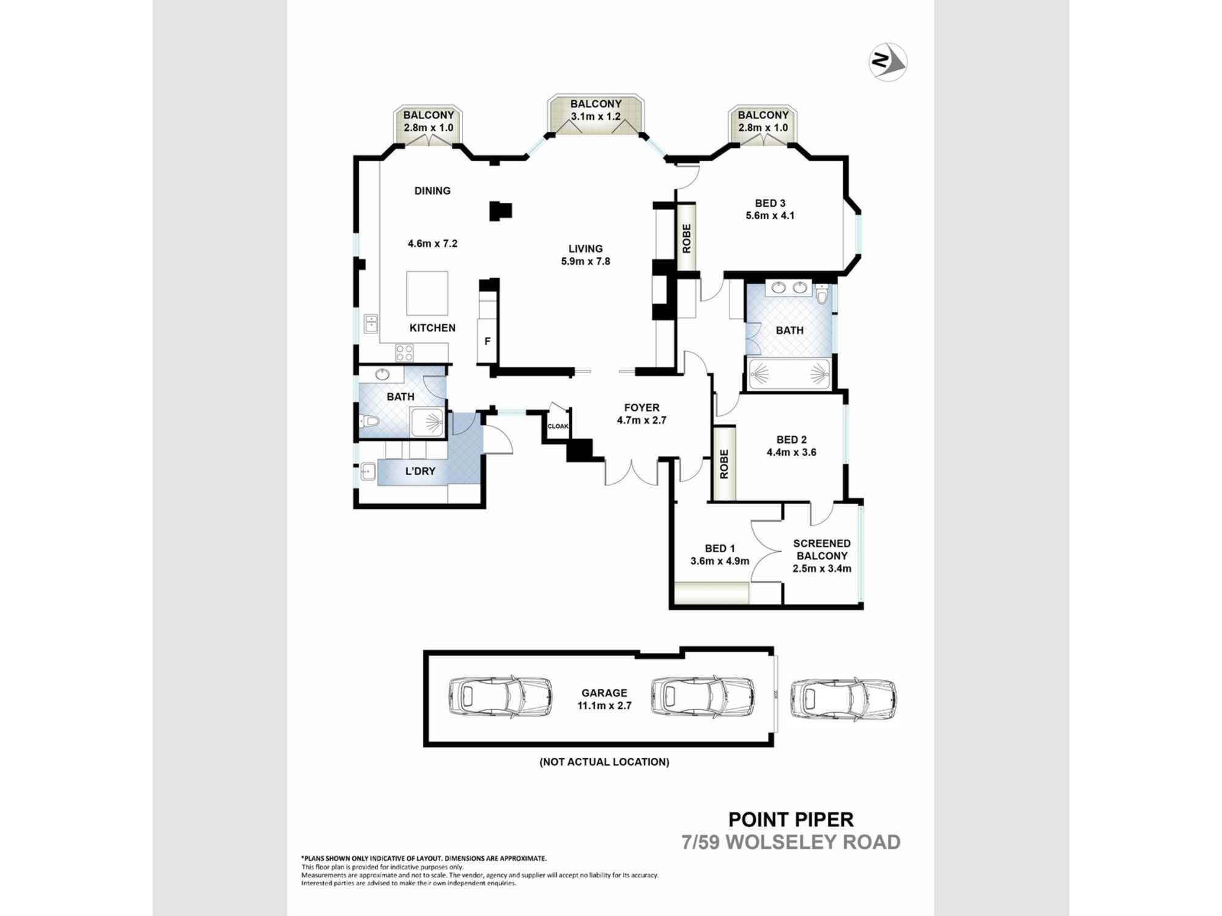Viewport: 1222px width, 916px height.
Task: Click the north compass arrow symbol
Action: click(888, 62)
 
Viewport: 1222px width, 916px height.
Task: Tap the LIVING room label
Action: click(585, 249)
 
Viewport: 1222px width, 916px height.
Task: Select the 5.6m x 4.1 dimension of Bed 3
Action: click(770, 216)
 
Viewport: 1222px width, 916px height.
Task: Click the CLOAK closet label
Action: click(558, 426)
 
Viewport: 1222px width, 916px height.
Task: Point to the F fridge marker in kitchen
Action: click(488, 341)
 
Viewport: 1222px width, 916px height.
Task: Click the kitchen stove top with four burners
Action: click(404, 352)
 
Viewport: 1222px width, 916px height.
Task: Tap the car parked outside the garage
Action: click(843, 699)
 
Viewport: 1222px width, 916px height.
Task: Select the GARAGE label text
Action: click(604, 692)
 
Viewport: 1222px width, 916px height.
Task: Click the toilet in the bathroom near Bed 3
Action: click(822, 296)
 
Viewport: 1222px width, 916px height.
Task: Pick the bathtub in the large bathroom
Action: click(789, 374)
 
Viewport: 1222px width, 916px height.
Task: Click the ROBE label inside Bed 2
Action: click(724, 463)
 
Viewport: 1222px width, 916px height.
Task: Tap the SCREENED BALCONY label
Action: click(822, 549)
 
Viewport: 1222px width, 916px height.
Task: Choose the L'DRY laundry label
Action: click(420, 471)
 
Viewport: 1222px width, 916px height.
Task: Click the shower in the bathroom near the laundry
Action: click(427, 422)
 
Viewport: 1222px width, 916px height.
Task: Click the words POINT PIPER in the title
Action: click(791, 819)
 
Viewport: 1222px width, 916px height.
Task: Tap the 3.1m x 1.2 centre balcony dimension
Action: click(595, 117)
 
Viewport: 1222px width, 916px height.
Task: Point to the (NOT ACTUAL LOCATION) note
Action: click(604, 762)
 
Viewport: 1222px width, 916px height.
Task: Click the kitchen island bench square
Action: click(427, 293)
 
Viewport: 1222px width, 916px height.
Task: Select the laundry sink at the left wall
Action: click(368, 471)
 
